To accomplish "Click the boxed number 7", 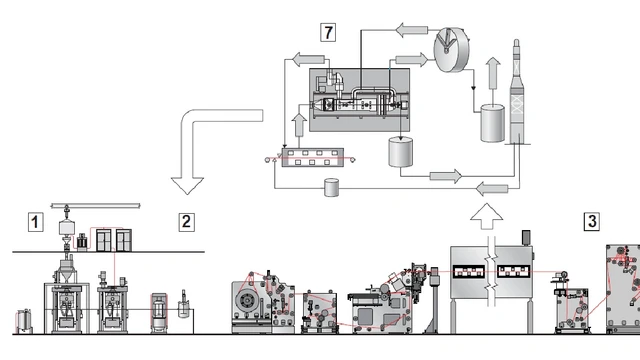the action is [328, 32].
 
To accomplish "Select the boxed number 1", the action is [36, 222].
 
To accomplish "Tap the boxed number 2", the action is [187, 222].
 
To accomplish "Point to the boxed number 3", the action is [592, 222].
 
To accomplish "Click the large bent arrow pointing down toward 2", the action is [192, 122].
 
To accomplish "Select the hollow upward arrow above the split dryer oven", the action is [486, 216].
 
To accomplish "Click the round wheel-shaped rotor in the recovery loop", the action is [451, 50].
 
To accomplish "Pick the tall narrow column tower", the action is [517, 92].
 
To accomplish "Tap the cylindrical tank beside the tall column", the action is [492, 123].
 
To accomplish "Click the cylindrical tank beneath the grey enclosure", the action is [400, 152].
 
